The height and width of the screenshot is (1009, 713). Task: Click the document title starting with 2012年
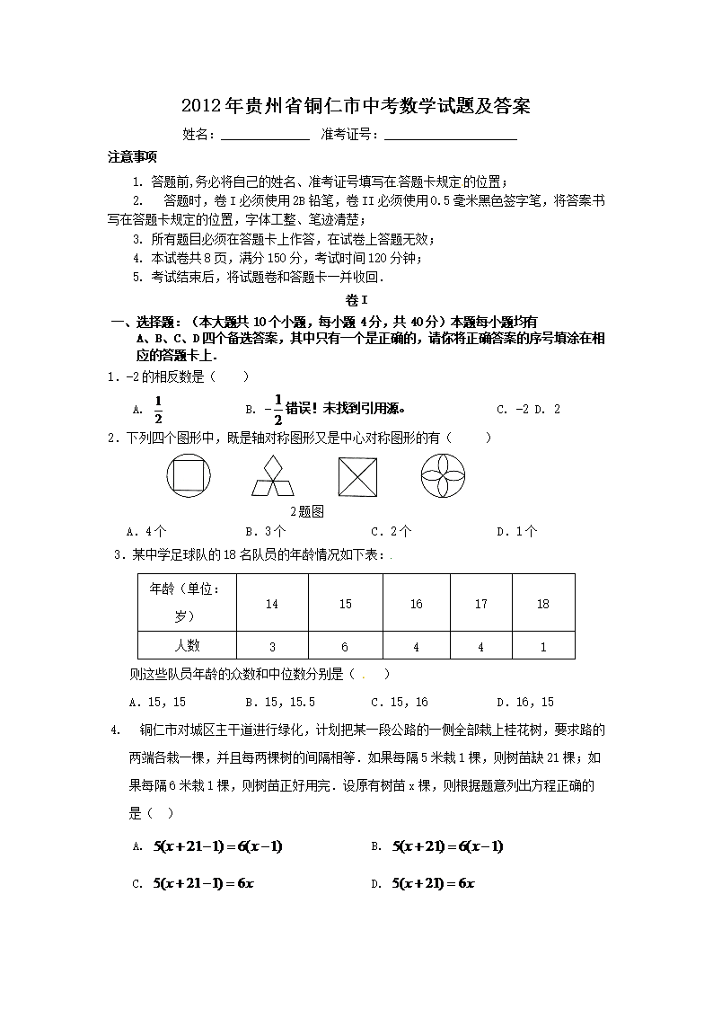356,107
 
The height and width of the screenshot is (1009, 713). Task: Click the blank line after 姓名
265,137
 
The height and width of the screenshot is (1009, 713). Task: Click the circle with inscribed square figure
188,474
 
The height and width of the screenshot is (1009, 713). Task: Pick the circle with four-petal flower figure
444,474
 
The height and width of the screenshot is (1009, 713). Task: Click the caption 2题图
306,510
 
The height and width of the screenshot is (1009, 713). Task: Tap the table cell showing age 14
272,604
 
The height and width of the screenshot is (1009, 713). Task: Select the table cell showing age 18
542,604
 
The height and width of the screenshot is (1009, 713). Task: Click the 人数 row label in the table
187,645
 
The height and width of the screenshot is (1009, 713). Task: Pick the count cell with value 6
346,646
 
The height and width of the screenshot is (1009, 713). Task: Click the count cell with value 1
542,646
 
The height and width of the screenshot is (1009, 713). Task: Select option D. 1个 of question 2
517,531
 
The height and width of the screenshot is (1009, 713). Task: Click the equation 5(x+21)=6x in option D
433,883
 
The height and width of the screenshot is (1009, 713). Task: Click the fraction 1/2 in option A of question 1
158,409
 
